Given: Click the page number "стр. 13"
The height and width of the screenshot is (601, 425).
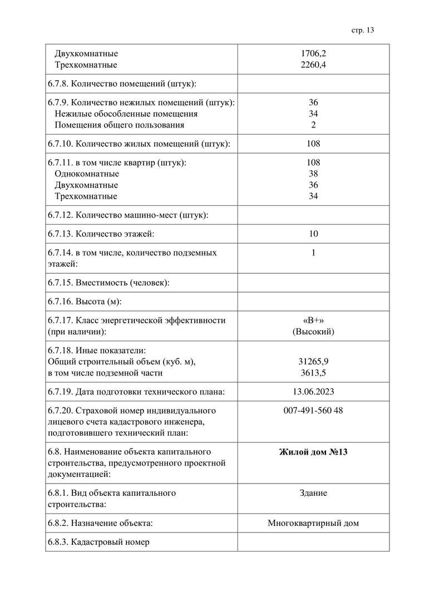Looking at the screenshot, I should pos(363,30).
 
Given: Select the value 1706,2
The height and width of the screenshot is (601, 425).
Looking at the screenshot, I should pos(313,54).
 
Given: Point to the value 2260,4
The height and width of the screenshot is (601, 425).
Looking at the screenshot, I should pos(313,65).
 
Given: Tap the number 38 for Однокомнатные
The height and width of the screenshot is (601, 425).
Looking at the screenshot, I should pos(313,174).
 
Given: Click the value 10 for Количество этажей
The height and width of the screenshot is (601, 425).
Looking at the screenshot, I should pos(313,234).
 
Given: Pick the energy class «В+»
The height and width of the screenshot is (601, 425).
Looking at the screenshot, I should pos(313,320).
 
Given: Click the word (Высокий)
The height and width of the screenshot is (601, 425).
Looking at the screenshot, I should pos(313,332).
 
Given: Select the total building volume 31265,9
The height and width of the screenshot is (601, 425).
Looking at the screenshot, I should pos(313,362).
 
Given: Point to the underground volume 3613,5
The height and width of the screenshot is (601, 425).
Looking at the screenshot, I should pos(313,373).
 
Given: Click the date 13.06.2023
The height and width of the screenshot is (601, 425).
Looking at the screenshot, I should pos(313,392).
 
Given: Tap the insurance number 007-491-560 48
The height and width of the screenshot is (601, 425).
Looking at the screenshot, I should pos(313,411).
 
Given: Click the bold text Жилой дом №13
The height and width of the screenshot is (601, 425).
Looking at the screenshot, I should pos(313,452).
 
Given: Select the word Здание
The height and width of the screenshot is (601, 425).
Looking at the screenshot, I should pos(313,493).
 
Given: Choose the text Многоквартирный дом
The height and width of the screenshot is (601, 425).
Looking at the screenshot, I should pos(313,523).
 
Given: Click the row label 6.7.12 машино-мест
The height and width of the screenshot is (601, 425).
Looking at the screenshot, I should pos(128,215).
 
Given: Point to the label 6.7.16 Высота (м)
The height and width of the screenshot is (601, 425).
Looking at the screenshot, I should pos(85,302).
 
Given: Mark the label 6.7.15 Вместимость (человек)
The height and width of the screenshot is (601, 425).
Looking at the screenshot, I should pos(108,283).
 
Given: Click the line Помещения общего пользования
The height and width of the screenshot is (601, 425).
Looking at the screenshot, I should pos(119,125).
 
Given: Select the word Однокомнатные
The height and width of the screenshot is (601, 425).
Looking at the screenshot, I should pos(87,174).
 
